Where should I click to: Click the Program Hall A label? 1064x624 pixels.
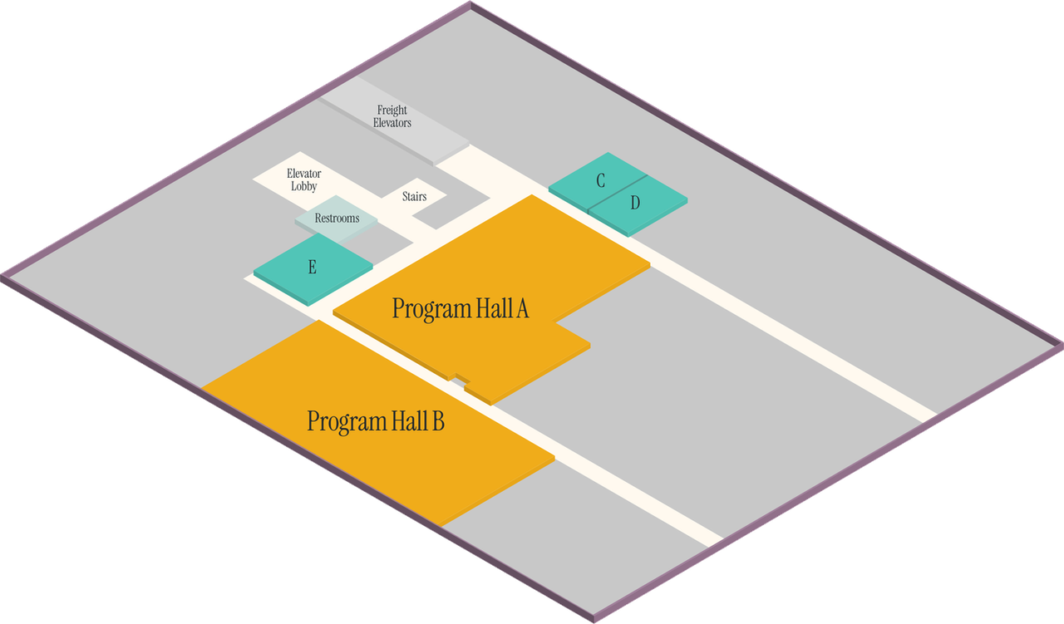(461, 308)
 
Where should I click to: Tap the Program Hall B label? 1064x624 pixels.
(376, 421)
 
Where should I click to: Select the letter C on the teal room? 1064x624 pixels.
(600, 180)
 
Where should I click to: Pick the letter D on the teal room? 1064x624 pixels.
(635, 203)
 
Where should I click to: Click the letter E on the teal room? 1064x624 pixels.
(312, 267)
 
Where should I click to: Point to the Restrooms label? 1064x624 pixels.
(337, 219)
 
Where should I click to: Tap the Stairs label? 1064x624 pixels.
(414, 197)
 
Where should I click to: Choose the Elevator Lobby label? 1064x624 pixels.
(304, 180)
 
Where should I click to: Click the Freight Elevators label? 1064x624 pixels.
(392, 116)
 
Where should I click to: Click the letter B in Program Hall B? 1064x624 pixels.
(438, 421)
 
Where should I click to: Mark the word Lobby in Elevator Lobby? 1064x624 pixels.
(304, 187)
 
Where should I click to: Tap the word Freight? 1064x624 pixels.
(392, 111)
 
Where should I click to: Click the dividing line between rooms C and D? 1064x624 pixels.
(618, 194)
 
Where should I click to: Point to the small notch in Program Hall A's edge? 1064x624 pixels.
(461, 379)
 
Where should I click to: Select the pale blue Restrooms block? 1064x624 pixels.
(336, 219)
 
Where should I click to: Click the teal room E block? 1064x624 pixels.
(313, 269)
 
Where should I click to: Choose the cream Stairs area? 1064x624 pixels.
(414, 196)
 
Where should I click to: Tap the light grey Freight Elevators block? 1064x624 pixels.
(394, 121)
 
